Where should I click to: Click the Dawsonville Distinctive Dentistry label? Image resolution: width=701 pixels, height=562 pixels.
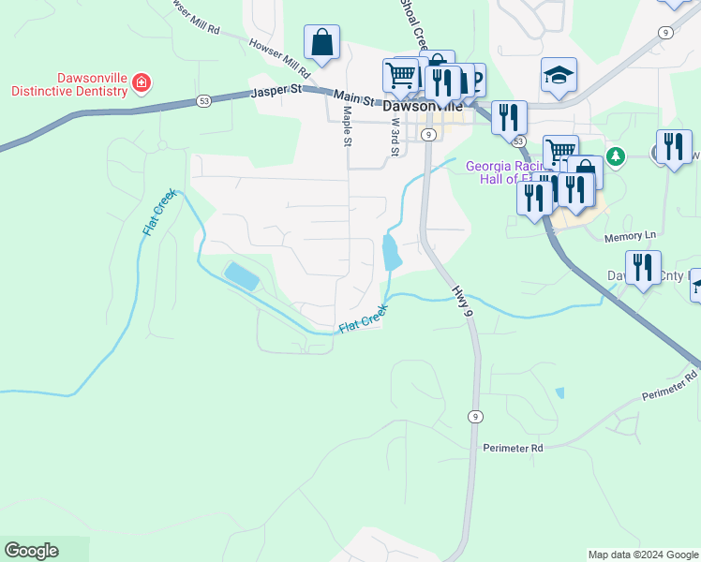coord(68,84)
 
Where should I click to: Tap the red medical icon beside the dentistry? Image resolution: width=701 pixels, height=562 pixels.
coord(142,83)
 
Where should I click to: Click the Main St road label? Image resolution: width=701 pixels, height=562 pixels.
coord(353,97)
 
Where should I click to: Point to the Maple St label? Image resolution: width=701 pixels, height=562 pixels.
coord(347,126)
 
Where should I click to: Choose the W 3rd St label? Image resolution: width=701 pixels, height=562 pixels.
coord(395,137)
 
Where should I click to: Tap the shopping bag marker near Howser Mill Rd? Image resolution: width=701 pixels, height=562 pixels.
coord(321,43)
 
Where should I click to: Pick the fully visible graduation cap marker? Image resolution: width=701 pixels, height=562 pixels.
coord(559,76)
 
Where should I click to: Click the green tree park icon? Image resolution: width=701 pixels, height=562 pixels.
coord(616,155)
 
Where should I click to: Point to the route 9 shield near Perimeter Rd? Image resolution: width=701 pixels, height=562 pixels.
coord(476,416)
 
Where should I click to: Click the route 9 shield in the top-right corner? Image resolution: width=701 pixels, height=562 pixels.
coord(664,33)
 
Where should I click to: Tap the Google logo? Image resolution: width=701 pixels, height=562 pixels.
coord(31,551)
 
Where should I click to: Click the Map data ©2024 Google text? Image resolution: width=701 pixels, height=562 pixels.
coord(643,555)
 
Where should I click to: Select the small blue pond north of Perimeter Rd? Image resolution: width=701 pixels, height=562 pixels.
coord(560,393)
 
